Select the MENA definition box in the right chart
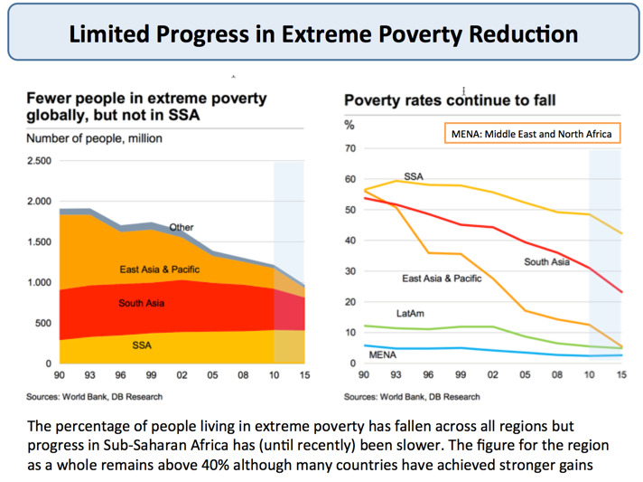(x=532, y=134)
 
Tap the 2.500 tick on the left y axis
(x=40, y=161)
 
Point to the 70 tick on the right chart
(x=351, y=148)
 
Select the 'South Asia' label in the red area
(x=141, y=303)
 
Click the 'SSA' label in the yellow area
(x=141, y=344)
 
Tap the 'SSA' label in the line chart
(x=414, y=177)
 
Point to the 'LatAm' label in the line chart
(x=409, y=313)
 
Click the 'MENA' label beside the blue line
(x=383, y=355)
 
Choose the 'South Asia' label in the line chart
(x=546, y=262)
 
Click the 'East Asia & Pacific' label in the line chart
(x=442, y=279)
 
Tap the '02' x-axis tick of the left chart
(x=182, y=374)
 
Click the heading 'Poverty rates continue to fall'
(x=449, y=99)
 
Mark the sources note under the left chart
(x=95, y=396)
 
